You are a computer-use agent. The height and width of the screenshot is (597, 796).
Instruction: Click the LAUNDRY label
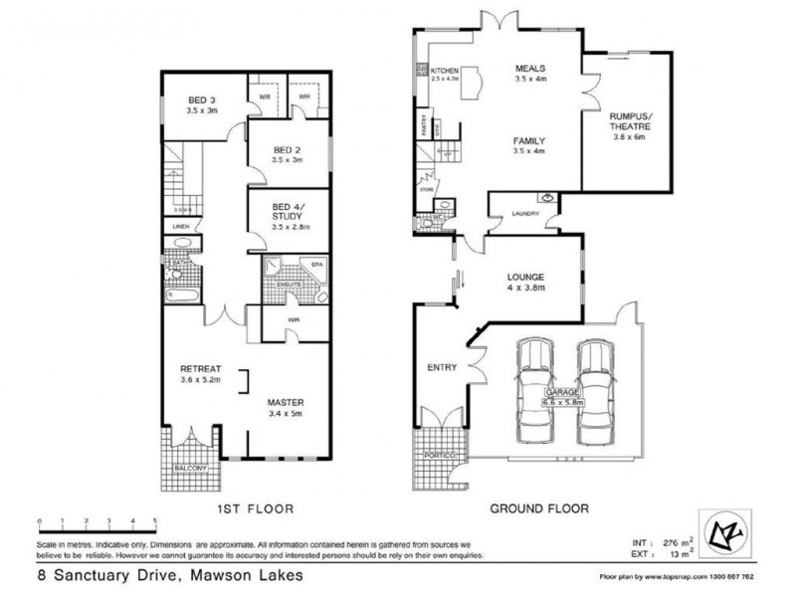click(x=524, y=213)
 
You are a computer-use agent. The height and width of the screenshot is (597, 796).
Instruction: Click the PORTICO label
click(x=440, y=455)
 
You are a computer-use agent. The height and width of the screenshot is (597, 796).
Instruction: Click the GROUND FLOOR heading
click(x=540, y=508)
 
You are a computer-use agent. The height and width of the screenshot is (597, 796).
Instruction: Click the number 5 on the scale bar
click(x=154, y=520)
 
